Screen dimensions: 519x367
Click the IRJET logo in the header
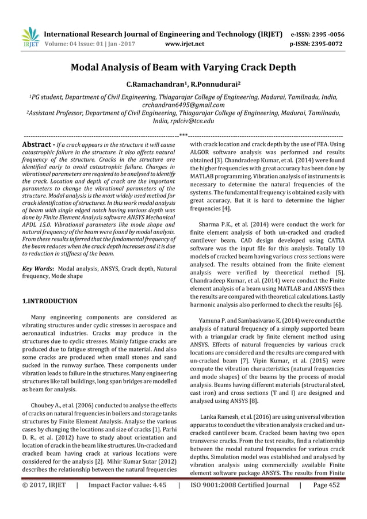[29, 37]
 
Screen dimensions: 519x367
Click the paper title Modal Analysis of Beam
[183, 67]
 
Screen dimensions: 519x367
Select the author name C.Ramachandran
[152, 85]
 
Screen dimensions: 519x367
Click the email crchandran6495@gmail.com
[183, 105]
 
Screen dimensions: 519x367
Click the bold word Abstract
[37, 144]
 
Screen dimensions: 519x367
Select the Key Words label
[37, 269]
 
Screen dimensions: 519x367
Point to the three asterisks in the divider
[183, 135]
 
